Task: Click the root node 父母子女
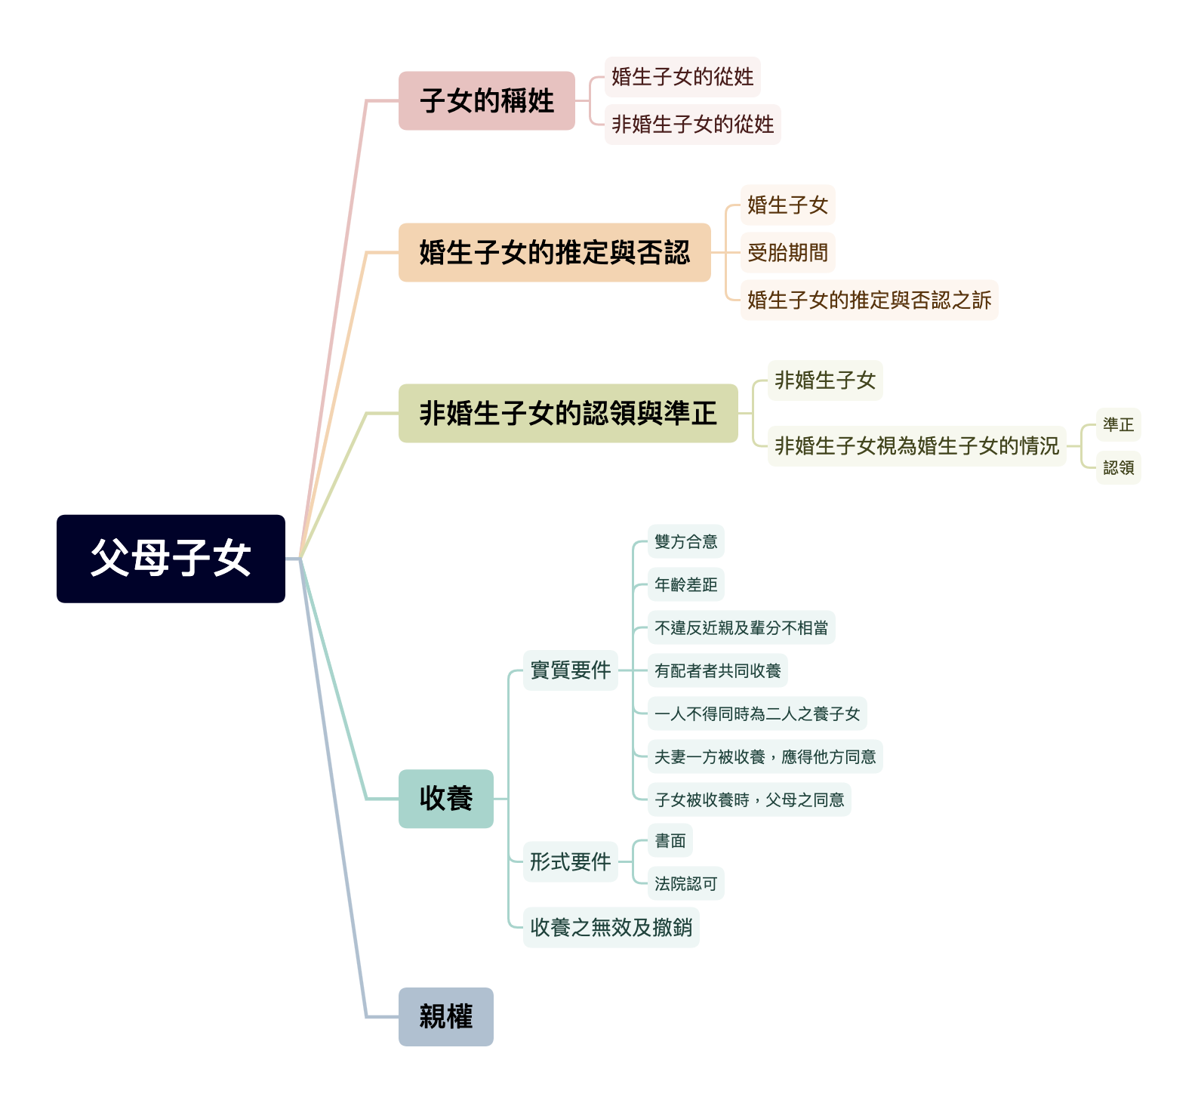[171, 559]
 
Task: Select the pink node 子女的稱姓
[487, 100]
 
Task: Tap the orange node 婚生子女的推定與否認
[554, 252]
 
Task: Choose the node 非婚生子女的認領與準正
[568, 413]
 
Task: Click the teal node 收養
[445, 799]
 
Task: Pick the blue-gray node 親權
[445, 1016]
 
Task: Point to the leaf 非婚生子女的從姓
[692, 125]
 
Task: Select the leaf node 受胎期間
[787, 253]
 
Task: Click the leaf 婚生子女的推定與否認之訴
[869, 300]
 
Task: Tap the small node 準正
[1118, 424]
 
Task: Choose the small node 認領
[1118, 467]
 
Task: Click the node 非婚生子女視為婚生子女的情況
[916, 446]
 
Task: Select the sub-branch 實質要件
[570, 670]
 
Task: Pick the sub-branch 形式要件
[570, 861]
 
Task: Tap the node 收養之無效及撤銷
[611, 927]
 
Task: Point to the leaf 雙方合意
[685, 541]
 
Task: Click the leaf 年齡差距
[685, 584]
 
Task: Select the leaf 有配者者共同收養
[717, 670]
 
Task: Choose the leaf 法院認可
[685, 883]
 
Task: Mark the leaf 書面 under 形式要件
[670, 840]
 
